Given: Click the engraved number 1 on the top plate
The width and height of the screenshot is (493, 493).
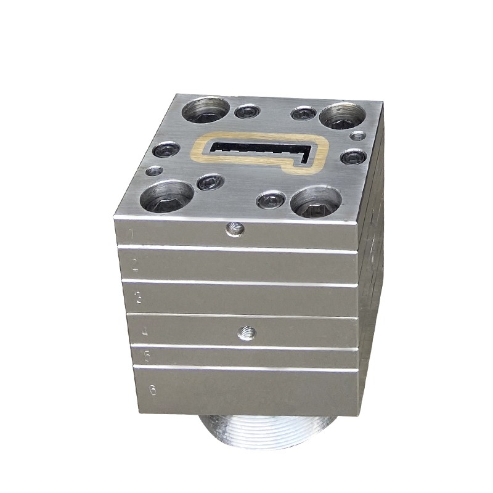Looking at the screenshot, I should pyautogui.click(x=130, y=233).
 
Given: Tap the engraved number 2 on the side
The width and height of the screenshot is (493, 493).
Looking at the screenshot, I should pyautogui.click(x=135, y=265).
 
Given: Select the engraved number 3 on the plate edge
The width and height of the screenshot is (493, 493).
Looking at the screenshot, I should pyautogui.click(x=139, y=299).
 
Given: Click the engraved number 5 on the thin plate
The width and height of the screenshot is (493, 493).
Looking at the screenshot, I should pyautogui.click(x=147, y=356).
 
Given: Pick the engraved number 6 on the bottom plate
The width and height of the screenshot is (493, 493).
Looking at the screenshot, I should pyautogui.click(x=152, y=389).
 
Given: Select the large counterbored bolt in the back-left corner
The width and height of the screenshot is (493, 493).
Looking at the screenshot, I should pyautogui.click(x=206, y=110).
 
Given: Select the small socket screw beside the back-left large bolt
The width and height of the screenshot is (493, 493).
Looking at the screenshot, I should pyautogui.click(x=247, y=112).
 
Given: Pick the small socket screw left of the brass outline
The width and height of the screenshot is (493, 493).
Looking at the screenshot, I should pyautogui.click(x=167, y=149).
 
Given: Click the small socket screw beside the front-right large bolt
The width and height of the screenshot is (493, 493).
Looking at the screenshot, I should pyautogui.click(x=271, y=199).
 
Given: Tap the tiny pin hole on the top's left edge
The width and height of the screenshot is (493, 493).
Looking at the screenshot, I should pyautogui.click(x=155, y=170).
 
